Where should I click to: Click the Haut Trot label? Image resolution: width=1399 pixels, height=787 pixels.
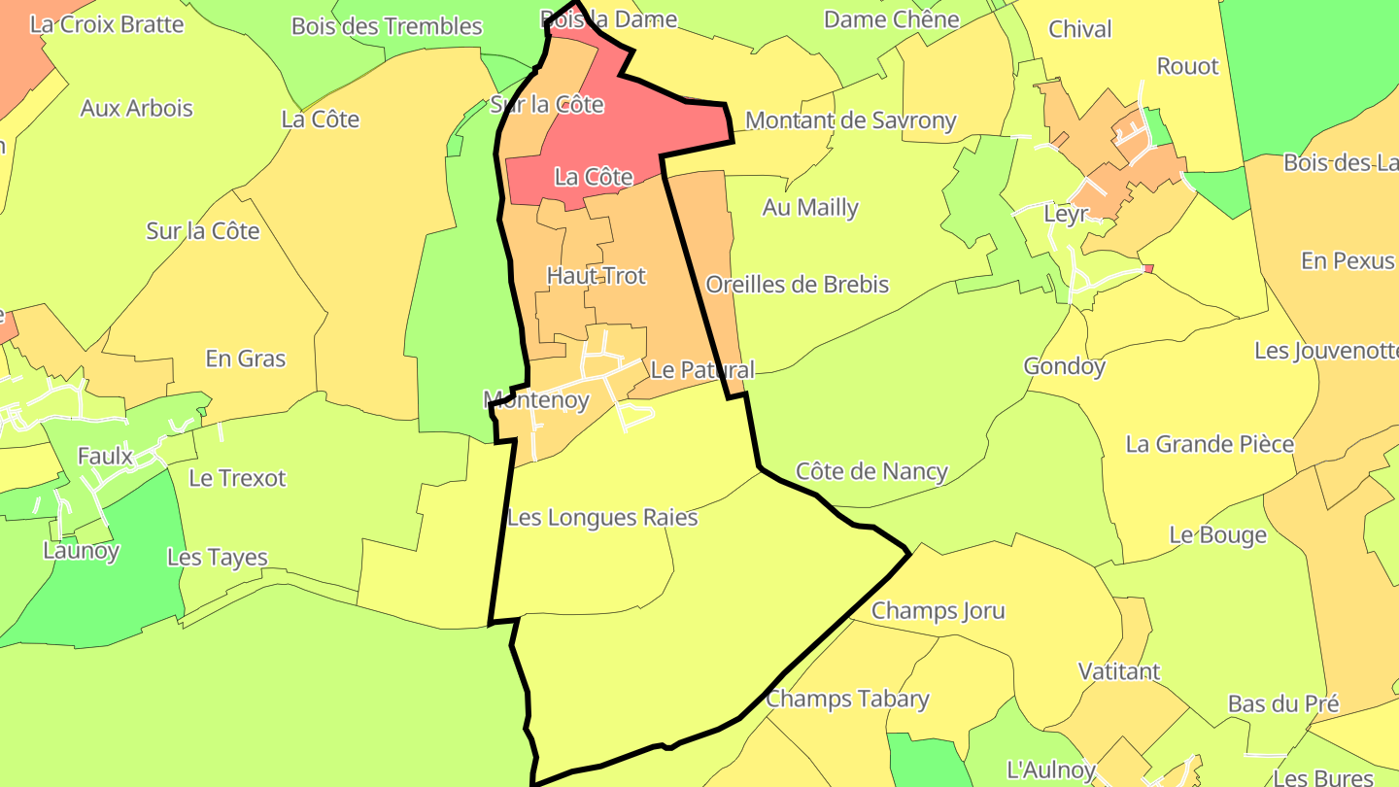pos(596,276)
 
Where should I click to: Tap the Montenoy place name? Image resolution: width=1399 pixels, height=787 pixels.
pos(536,399)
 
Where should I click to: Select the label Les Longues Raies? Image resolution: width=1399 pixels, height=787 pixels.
pos(602,518)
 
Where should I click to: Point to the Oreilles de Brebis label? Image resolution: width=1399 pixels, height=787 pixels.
pos(797,285)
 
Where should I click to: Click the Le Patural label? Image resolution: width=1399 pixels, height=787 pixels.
pos(701,370)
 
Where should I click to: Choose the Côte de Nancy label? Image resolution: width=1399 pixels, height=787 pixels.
pos(871,471)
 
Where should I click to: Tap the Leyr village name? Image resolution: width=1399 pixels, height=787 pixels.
pos(1065,214)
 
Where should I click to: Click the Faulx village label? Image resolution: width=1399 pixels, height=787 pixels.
pos(105,455)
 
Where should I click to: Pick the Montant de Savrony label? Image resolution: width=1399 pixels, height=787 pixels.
pos(850,120)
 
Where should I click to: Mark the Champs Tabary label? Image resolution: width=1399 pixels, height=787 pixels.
pos(847,699)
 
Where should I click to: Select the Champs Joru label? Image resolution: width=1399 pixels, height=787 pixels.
pos(938,611)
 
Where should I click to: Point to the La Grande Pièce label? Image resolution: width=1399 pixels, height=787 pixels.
pos(1210,444)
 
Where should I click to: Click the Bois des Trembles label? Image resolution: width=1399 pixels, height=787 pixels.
pos(387,26)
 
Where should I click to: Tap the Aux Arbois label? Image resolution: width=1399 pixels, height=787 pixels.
pos(136,108)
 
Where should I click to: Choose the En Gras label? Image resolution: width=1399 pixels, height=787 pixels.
pos(246,359)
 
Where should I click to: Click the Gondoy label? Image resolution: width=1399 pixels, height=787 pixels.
pos(1064,366)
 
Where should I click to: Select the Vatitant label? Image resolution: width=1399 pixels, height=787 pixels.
pos(1119,671)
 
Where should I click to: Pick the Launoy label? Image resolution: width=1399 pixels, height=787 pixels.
pos(81,551)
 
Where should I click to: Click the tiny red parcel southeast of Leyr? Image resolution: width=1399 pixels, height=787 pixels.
pos(1148,269)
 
